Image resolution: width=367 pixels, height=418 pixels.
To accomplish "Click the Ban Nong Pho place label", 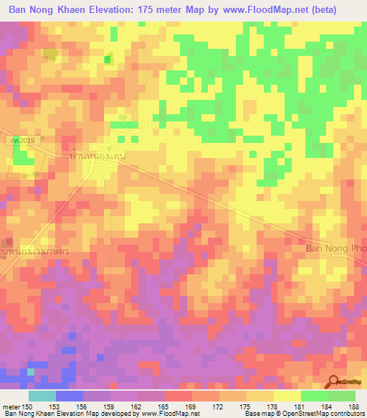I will tap(336, 249).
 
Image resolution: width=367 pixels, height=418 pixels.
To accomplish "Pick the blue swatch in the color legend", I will tap(69, 396).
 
